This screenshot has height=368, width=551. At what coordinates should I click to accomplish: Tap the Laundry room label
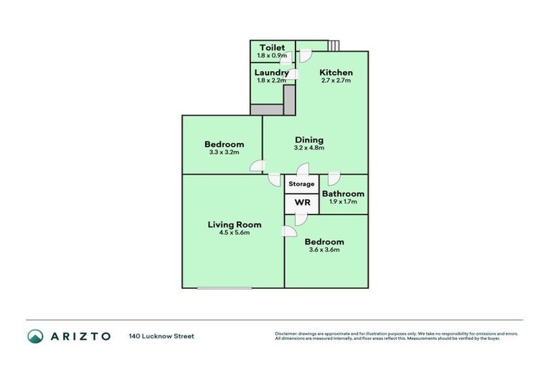pyautogui.click(x=272, y=73)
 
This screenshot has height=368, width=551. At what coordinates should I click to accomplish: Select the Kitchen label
pyautogui.click(x=336, y=73)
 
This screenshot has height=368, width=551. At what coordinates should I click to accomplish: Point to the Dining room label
pyautogui.click(x=309, y=140)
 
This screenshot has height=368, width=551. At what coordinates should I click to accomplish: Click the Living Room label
pyautogui.click(x=234, y=225)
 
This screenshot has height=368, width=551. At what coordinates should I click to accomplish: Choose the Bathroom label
pyautogui.click(x=343, y=194)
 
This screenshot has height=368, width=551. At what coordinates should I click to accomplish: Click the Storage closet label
pyautogui.click(x=301, y=184)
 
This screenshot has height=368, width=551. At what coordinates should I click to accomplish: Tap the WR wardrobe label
pyautogui.click(x=302, y=203)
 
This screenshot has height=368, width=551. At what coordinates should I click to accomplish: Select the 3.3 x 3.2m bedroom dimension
pyautogui.click(x=223, y=152)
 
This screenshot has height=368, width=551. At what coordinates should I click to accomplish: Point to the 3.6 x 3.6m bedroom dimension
pyautogui.click(x=324, y=250)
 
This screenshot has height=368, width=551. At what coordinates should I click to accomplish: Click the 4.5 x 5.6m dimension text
pyautogui.click(x=234, y=234)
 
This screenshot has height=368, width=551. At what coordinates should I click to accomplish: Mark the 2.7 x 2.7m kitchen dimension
pyautogui.click(x=336, y=80)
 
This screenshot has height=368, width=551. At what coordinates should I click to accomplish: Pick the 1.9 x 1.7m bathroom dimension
pyautogui.click(x=343, y=202)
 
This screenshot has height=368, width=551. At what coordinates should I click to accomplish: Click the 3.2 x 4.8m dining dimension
pyautogui.click(x=309, y=148)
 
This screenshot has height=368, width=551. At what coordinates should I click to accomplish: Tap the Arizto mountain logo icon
pyautogui.click(x=36, y=336)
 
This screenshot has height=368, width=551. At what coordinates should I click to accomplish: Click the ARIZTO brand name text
pyautogui.click(x=80, y=336)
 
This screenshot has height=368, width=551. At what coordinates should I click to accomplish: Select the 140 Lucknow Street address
pyautogui.click(x=161, y=336)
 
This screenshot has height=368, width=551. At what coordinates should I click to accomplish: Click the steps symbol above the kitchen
pyautogui.click(x=334, y=46)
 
